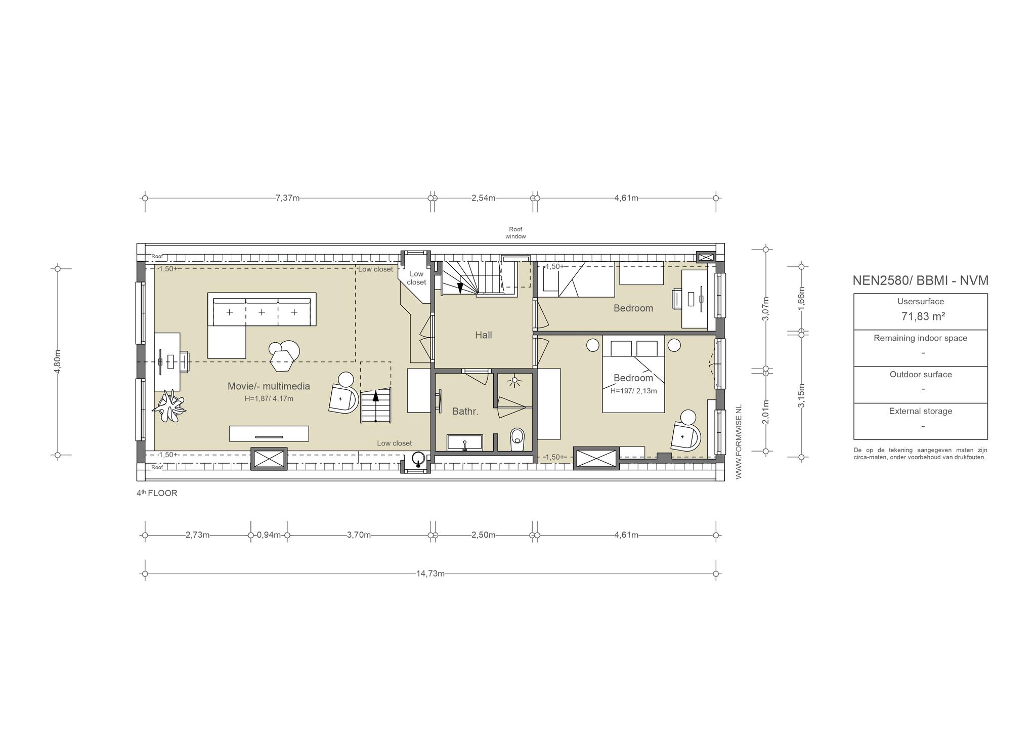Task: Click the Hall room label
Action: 483,335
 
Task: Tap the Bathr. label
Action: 465,412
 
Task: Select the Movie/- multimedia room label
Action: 269,386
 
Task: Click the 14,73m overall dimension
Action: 430,574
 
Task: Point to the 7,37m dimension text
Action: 287,198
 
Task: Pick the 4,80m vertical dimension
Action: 57,362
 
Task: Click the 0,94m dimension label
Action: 269,535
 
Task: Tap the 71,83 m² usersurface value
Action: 923,316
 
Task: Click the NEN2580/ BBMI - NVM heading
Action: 920,280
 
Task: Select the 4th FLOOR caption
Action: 157,493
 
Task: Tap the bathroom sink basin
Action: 464,442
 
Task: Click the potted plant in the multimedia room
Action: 170,405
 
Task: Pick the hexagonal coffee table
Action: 283,361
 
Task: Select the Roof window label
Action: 515,233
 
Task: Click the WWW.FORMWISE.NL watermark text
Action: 739,441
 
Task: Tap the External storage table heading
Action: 921,411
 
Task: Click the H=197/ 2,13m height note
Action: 633,391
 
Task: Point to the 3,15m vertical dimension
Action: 801,395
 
